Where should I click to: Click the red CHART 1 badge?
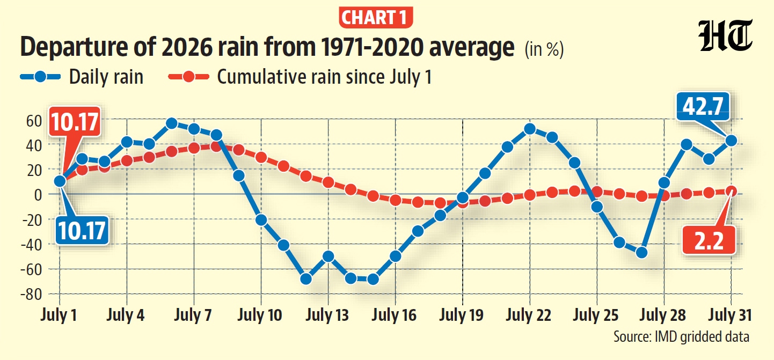point(376,18)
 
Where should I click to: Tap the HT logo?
point(725,35)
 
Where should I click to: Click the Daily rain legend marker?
point(40,76)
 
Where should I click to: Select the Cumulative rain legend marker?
point(188,76)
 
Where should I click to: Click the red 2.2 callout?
point(709,240)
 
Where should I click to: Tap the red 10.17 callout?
point(75,122)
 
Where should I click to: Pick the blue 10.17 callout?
point(82,231)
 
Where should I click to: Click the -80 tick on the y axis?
point(31,295)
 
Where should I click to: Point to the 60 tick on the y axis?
point(34,121)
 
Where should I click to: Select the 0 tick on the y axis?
point(38,195)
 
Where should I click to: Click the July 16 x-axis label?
point(395,315)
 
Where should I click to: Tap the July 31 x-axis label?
point(730,315)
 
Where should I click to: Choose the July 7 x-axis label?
point(193,315)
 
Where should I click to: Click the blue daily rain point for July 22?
point(530,129)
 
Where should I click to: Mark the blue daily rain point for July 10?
point(261,220)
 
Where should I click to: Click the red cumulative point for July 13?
point(328,182)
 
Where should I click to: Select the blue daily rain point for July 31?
point(731,141)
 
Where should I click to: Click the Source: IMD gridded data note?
point(681,336)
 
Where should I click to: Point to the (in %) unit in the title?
point(544,49)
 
